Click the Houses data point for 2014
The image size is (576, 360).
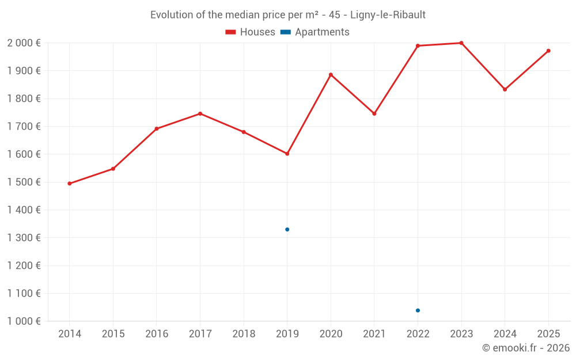[69, 184]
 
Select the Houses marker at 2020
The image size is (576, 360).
[331, 74]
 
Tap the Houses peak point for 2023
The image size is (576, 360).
[461, 43]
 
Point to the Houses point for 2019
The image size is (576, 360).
[287, 154]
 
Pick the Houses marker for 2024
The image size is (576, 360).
[505, 89]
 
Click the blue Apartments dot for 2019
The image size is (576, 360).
[287, 229]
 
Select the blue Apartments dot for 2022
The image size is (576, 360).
[418, 310]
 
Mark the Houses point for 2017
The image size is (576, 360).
[200, 113]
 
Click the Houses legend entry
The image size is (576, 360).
[251, 32]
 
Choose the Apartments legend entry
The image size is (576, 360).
[315, 32]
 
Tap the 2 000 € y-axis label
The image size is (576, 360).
[24, 43]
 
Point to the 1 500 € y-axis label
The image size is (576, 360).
[24, 182]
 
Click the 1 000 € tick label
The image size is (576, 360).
[24, 321]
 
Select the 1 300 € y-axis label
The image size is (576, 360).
[24, 238]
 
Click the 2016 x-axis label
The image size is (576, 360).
[156, 334]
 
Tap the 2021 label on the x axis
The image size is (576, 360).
[374, 334]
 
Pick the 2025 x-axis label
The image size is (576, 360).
[548, 334]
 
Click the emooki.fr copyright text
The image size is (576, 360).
[525, 348]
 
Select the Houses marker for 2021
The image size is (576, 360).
[374, 113]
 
